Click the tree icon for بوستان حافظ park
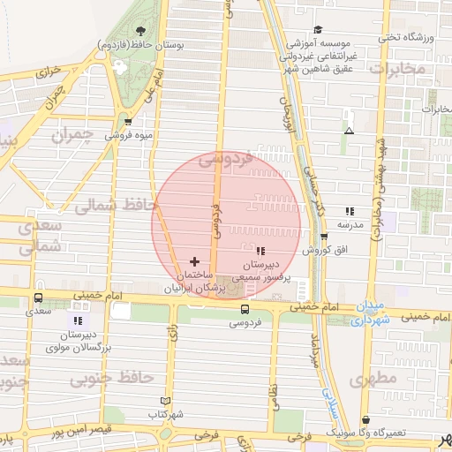(142, 32)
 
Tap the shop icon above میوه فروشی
(129, 122)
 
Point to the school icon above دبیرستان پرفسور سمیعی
(260, 252)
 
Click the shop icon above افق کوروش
(325, 237)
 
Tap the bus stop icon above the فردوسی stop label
(245, 310)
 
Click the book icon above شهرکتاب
(165, 401)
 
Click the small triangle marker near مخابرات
(350, 131)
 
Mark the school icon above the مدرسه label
(350, 212)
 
